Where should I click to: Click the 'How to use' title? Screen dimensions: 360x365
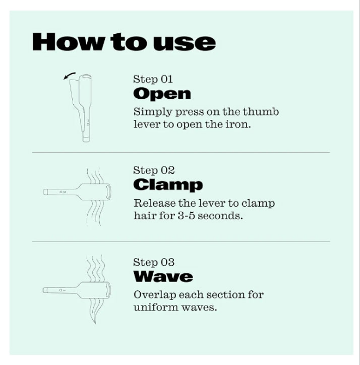pos(124,42)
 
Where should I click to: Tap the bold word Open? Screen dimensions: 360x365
pos(162,94)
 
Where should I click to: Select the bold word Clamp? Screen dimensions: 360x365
pos(168,186)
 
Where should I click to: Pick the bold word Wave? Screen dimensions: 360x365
pos(163,276)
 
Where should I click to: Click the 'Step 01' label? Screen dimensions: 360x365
pos(153,79)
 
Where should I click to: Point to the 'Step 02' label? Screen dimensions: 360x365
pos(154,170)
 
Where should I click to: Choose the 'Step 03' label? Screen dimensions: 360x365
pos(154,262)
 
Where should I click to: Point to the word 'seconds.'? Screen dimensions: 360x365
pos(220,216)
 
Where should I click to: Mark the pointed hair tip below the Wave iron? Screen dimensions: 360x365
pos(95,323)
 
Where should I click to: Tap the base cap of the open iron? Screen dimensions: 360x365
pos(86,139)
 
